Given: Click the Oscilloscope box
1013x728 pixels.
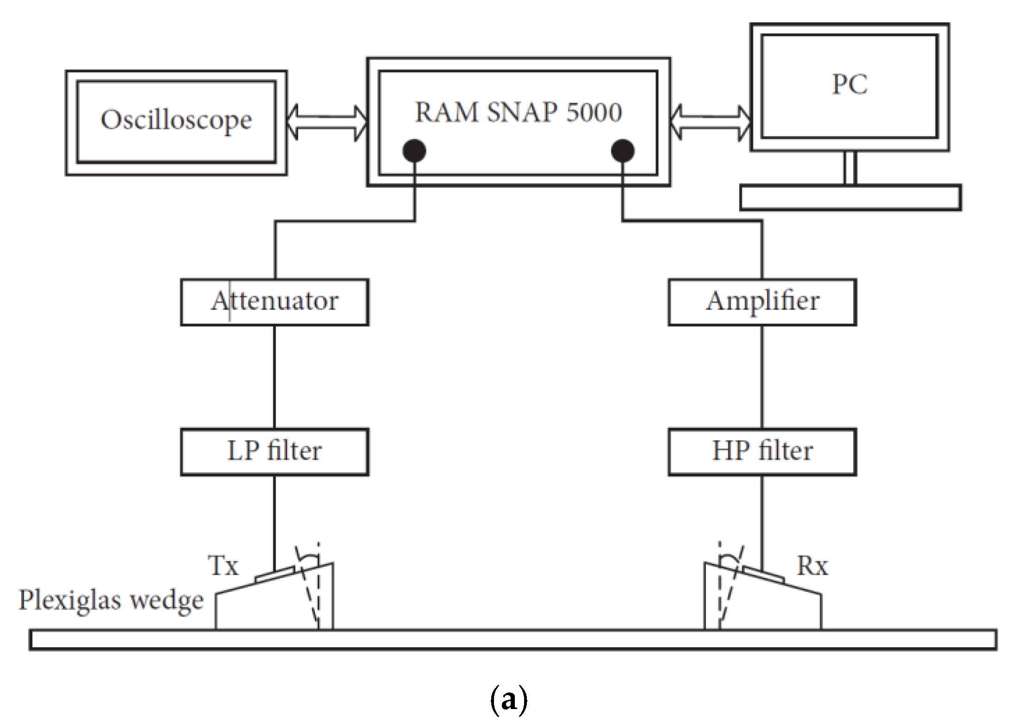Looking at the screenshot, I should pyautogui.click(x=176, y=123).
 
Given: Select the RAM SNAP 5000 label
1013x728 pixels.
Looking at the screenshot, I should pyautogui.click(x=518, y=112).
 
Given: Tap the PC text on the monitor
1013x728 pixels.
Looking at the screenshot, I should pyautogui.click(x=850, y=85).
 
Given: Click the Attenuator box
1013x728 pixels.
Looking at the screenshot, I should pyautogui.click(x=275, y=302).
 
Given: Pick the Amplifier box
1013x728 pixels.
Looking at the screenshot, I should pyautogui.click(x=762, y=302).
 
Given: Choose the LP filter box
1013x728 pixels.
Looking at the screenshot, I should pyautogui.click(x=275, y=451).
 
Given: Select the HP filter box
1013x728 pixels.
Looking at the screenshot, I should pyautogui.click(x=762, y=451).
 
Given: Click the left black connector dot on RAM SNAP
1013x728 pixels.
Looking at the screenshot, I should pyautogui.click(x=414, y=150).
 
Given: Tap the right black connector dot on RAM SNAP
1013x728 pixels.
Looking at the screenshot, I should pyautogui.click(x=622, y=150).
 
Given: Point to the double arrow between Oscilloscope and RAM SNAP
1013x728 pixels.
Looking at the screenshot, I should pyautogui.click(x=326, y=123).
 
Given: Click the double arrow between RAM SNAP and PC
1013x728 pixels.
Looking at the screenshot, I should pyautogui.click(x=710, y=123).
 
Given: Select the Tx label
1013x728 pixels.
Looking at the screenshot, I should pyautogui.click(x=223, y=565).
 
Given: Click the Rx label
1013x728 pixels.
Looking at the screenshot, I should pyautogui.click(x=812, y=565).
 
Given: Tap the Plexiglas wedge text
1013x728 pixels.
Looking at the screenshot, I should pyautogui.click(x=111, y=600).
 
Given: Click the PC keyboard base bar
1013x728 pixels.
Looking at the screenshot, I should pyautogui.click(x=850, y=198).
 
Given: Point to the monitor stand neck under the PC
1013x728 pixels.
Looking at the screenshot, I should pyautogui.click(x=849, y=168).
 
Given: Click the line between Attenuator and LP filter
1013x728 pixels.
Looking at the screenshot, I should pyautogui.click(x=275, y=377).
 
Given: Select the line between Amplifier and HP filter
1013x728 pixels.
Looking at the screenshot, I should pyautogui.click(x=762, y=377).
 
